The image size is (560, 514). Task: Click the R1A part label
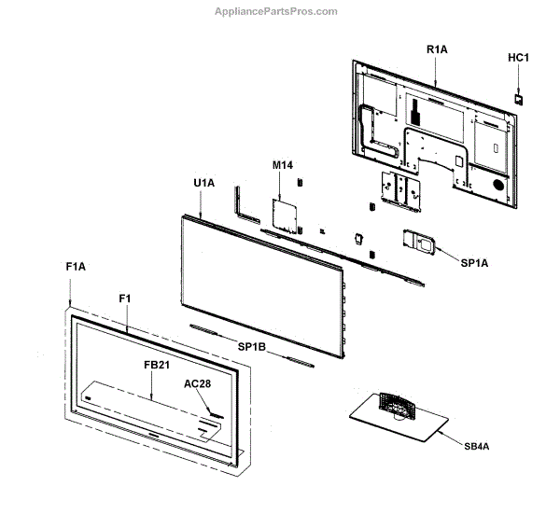click(x=436, y=48)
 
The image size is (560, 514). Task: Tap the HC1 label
click(x=519, y=57)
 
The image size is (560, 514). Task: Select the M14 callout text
click(x=283, y=165)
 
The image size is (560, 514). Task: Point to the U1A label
click(x=203, y=183)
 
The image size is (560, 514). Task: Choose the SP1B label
click(x=251, y=347)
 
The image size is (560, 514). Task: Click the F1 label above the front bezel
click(x=125, y=297)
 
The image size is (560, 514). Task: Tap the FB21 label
click(x=157, y=365)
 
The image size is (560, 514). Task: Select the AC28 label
click(x=198, y=383)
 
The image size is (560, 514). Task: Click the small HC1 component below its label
click(x=519, y=94)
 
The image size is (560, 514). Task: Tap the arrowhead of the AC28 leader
click(x=216, y=411)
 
